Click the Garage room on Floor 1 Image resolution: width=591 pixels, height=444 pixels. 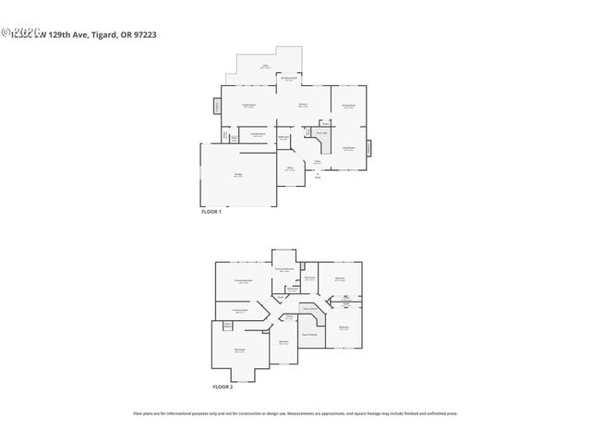(237, 177)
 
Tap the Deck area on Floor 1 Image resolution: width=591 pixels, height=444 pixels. (264, 67)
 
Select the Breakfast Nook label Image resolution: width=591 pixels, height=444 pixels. (289, 80)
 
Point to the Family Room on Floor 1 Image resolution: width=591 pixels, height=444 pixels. (248, 106)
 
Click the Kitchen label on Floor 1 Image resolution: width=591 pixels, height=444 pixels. (302, 105)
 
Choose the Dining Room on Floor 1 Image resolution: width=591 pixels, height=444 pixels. (349, 106)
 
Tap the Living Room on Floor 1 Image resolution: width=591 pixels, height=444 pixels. (349, 148)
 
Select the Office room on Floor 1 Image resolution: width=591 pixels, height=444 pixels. (289, 168)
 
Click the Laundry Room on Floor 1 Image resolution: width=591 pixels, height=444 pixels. (259, 135)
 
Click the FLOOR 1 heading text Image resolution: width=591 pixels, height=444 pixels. (211, 212)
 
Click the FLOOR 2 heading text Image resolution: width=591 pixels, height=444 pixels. (223, 387)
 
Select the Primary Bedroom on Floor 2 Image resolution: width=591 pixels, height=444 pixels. (244, 281)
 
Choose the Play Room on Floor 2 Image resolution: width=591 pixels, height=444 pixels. (239, 351)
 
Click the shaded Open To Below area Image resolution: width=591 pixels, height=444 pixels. (309, 333)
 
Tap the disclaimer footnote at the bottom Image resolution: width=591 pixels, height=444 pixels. (295, 413)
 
